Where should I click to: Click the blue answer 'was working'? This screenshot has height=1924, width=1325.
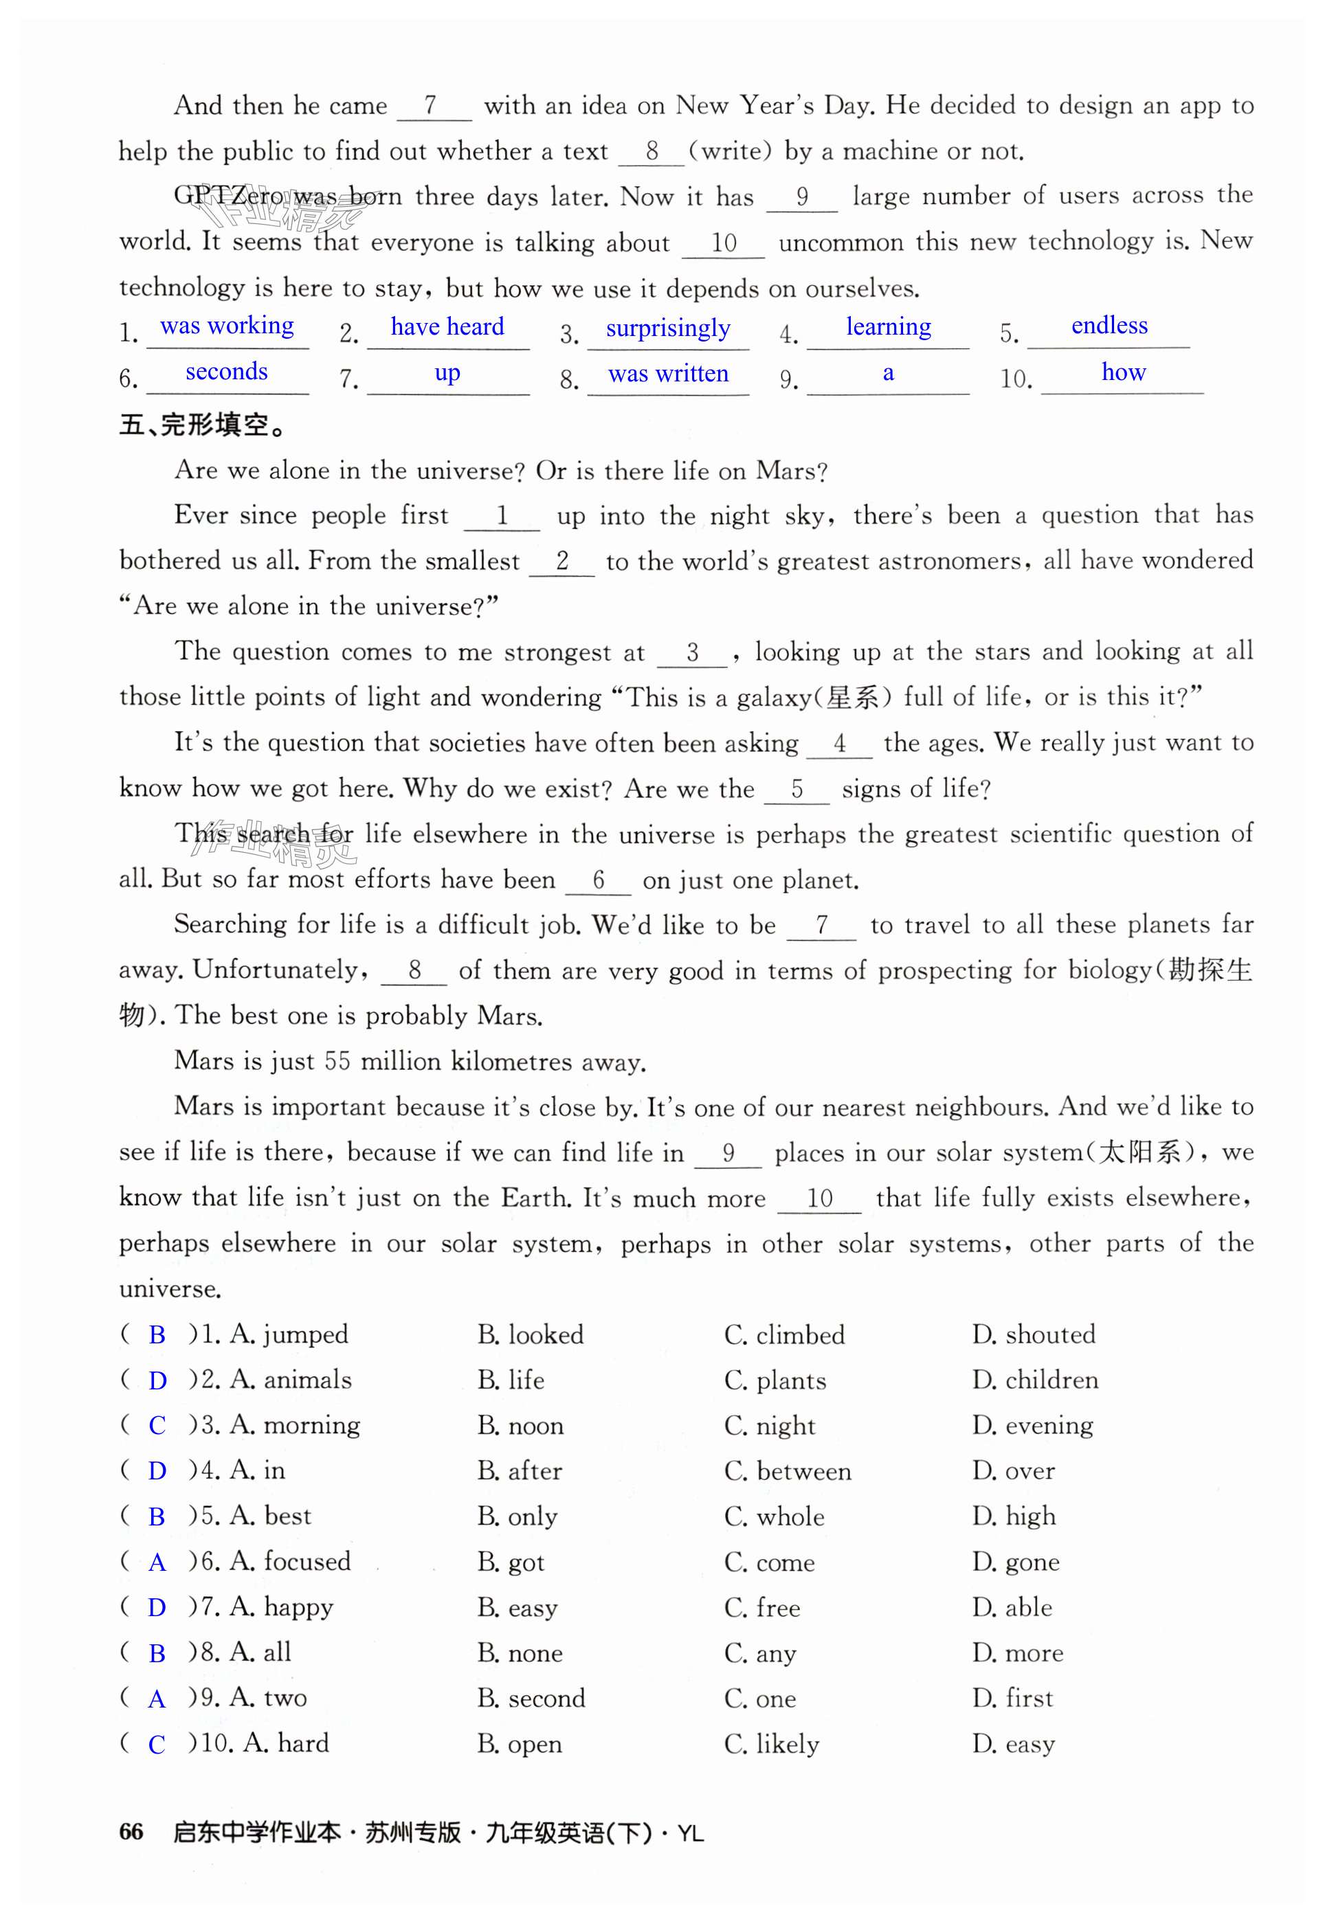tap(227, 326)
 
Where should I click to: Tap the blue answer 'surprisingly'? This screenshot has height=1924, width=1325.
tap(667, 328)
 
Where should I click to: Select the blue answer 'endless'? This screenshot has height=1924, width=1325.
tap(1109, 326)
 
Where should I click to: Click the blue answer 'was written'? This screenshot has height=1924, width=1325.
tap(667, 374)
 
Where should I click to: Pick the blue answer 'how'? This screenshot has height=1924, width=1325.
tap(1122, 372)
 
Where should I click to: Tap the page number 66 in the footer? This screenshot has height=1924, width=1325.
tap(131, 1832)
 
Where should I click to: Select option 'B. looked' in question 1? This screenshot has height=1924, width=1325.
tap(531, 1334)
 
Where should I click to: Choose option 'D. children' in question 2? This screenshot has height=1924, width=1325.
tap(1034, 1380)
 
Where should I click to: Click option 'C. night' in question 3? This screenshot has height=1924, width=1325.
tap(770, 1425)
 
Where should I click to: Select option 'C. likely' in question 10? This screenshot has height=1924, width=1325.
tap(771, 1743)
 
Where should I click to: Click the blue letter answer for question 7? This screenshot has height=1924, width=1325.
tap(156, 1607)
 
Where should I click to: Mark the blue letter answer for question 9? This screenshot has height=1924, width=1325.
tap(156, 1698)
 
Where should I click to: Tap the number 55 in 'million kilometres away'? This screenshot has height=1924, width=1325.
tap(337, 1061)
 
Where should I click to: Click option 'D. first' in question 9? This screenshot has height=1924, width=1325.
tap(1012, 1697)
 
